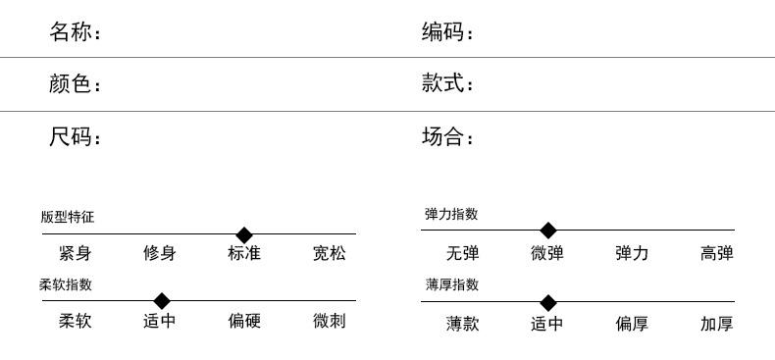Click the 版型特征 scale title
point(68,217)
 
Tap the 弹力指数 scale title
point(451,214)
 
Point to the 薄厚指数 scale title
point(451,284)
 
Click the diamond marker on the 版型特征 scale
point(244,234)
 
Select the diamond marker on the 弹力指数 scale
point(548,230)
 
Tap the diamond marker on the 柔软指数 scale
point(162,301)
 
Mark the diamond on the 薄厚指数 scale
point(548,303)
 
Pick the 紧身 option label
point(76,253)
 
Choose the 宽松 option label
point(330,253)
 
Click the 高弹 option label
point(717,253)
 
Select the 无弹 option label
point(463,253)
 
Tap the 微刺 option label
point(330,321)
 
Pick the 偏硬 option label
point(244,321)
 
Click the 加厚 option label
point(717,324)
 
